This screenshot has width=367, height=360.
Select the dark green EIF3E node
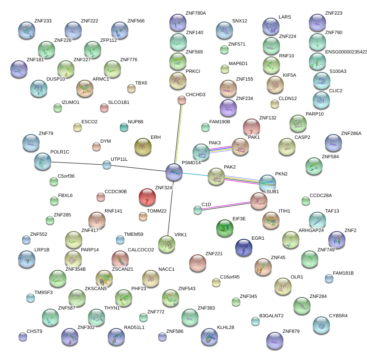click(224, 228)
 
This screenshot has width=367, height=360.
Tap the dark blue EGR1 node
click(244, 247)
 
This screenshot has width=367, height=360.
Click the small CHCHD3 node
click(182, 100)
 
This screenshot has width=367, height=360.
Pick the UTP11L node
click(107, 164)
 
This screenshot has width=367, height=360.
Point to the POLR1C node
click(43, 161)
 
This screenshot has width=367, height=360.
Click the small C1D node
click(198, 210)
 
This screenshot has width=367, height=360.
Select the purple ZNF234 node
click(228, 108)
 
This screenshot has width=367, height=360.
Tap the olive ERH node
click(143, 147)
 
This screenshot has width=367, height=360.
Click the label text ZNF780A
click(196, 13)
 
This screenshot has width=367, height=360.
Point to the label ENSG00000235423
click(346, 52)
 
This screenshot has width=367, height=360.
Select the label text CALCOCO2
click(141, 250)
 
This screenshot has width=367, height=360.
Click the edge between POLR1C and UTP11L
click(75, 163)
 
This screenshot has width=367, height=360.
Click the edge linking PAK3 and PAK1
click(221, 149)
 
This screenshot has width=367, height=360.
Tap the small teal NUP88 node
click(124, 127)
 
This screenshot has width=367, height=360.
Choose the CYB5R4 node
click(321, 326)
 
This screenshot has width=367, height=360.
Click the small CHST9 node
click(23, 337)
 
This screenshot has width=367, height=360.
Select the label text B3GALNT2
click(271, 316)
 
